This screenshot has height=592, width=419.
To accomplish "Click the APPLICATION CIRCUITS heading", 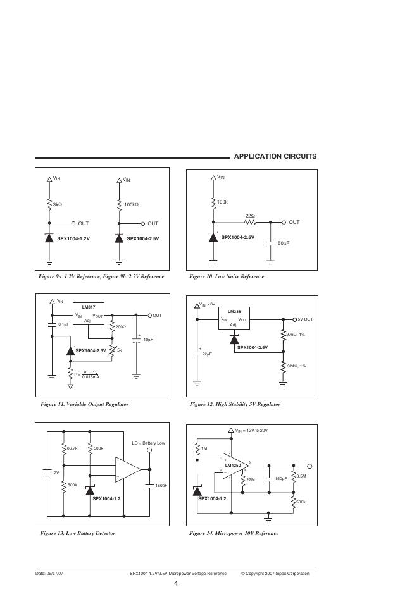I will [275, 156].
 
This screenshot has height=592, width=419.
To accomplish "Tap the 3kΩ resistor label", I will [58, 204].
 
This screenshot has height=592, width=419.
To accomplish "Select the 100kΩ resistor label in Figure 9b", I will [132, 204].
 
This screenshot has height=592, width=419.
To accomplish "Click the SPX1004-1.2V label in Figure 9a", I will [74, 238].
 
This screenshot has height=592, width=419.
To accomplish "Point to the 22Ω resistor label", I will [249, 216].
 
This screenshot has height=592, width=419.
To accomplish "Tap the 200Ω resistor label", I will [120, 327].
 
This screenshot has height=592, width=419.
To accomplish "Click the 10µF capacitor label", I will [148, 340].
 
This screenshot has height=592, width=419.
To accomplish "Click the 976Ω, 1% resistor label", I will [296, 334].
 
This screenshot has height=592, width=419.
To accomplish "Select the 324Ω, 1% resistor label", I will [296, 366].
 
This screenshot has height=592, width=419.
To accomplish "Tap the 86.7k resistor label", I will [72, 448].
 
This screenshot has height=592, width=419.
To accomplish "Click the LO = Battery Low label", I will [148, 443].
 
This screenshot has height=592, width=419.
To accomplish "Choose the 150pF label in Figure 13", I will [161, 485].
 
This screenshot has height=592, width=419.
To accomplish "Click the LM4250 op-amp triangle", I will [235, 466].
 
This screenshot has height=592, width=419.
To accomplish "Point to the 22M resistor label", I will [250, 480].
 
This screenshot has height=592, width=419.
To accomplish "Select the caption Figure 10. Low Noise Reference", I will [227, 276].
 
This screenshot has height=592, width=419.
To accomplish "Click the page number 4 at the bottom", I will [175, 583].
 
